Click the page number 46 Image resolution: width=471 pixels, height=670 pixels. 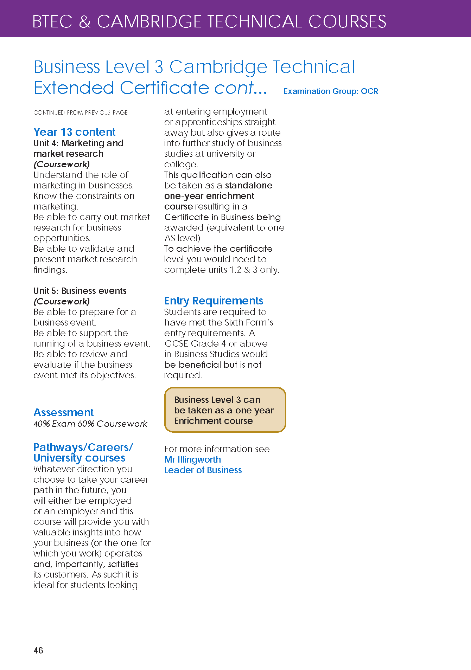[38, 650]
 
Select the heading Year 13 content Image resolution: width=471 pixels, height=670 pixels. [74, 132]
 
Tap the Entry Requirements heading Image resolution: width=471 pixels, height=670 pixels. [214, 301]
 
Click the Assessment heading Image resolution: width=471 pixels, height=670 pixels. [63, 412]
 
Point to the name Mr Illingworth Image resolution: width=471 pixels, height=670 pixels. [192, 459]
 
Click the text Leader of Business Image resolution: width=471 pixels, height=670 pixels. [203, 470]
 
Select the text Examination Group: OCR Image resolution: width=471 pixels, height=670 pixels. [331, 91]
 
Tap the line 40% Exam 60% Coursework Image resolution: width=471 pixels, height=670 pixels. [90, 424]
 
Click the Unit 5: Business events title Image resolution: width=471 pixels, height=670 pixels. [80, 291]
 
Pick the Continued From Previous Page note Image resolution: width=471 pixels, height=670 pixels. [81, 112]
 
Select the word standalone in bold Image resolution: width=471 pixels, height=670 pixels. [249, 185]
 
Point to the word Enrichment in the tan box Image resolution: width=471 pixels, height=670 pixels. [194, 421]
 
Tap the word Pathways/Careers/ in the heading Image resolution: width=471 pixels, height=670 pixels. [83, 447]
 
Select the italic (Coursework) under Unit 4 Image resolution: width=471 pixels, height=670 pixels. [62, 164]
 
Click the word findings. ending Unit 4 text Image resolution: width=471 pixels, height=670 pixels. [50, 270]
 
